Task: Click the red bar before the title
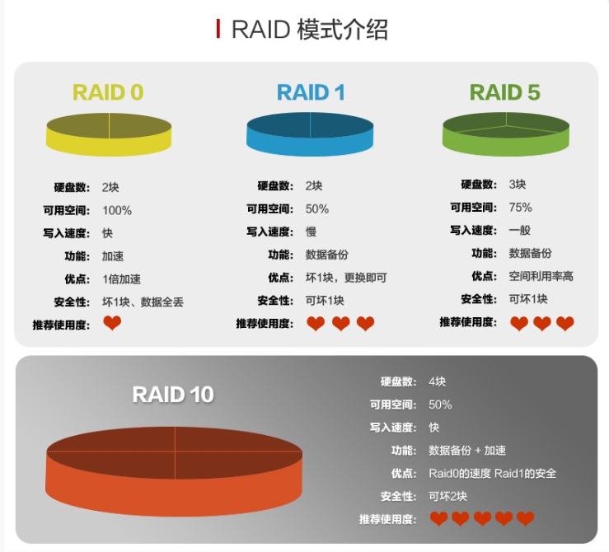coord(218,29)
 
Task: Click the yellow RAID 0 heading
coord(108,92)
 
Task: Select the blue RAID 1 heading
coord(311,92)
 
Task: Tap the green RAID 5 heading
coord(505,92)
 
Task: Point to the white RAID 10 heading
coord(173,395)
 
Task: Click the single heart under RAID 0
coord(112,324)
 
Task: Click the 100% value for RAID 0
coord(116,210)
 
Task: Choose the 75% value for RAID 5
coord(520,207)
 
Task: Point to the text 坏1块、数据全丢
coord(143,302)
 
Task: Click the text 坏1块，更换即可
coord(346,278)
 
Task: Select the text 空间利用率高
coord(541,276)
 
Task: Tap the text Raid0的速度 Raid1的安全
coord(493,473)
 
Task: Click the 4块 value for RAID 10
coord(437,381)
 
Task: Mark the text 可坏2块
coord(447,496)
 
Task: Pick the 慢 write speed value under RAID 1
coord(311,232)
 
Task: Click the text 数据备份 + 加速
coord(467,450)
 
